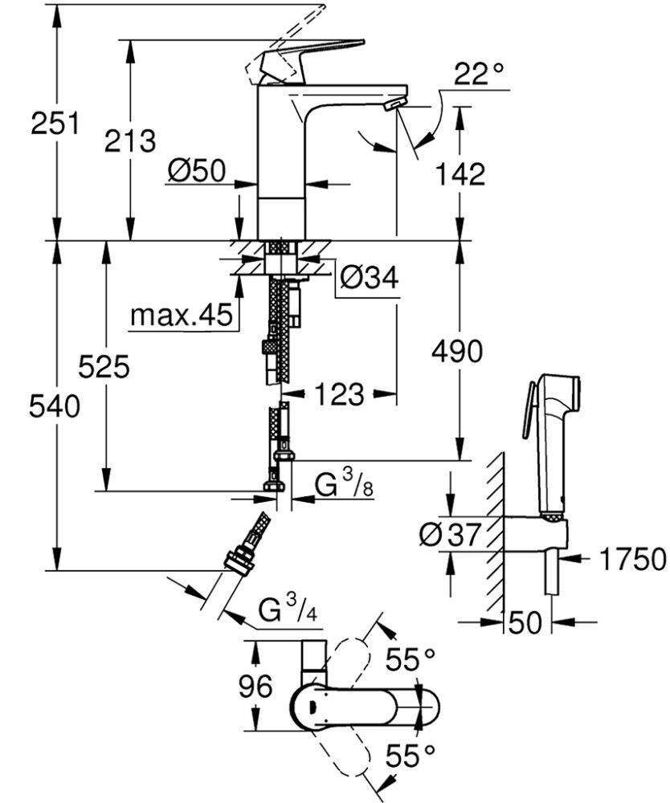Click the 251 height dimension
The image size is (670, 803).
click(x=54, y=125)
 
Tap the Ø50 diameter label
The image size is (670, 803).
click(x=197, y=170)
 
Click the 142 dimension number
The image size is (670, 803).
click(x=459, y=173)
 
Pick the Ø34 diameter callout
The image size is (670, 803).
click(x=369, y=278)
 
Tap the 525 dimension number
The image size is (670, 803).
click(x=104, y=368)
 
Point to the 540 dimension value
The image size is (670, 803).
click(x=54, y=407)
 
